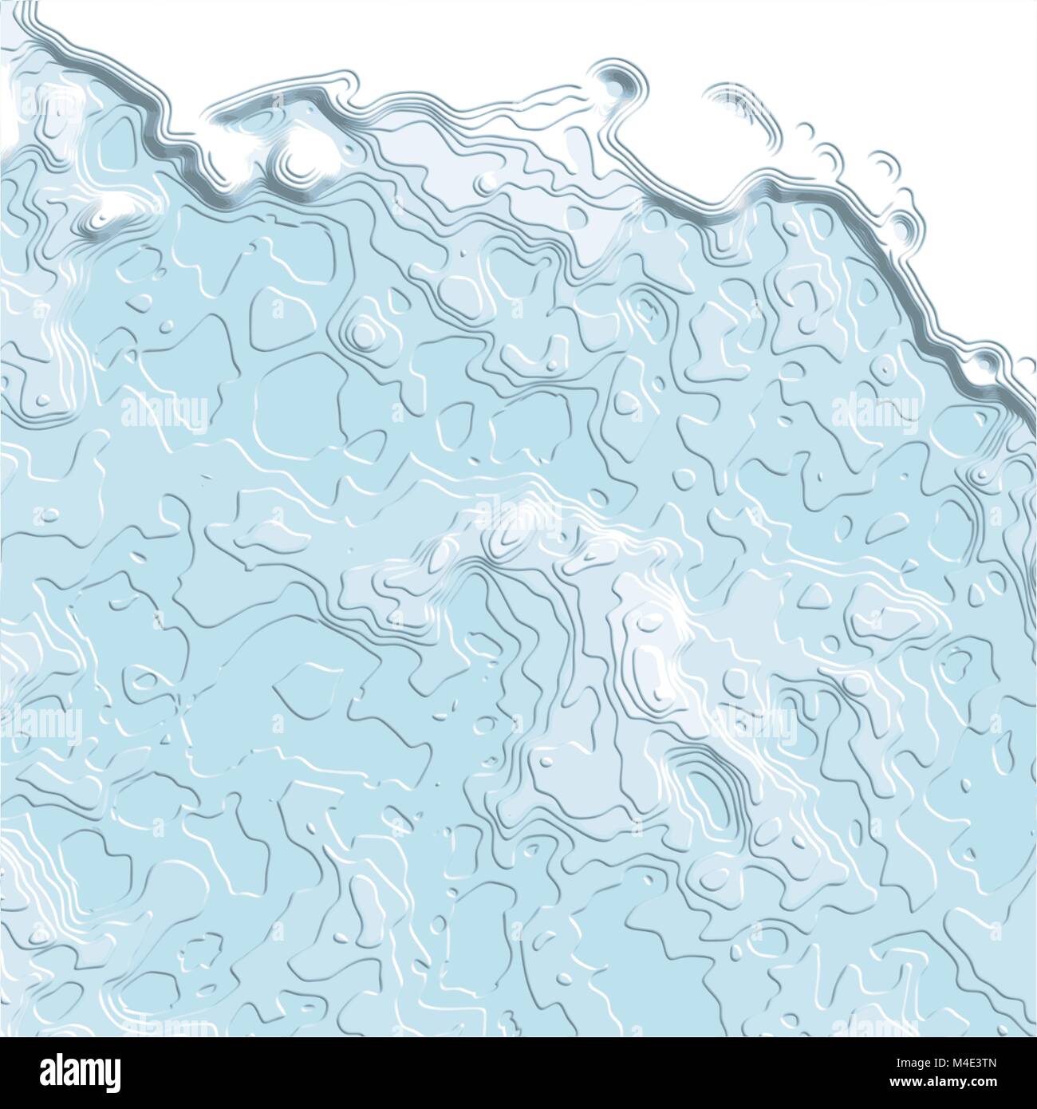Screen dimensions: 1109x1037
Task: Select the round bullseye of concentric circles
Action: point(363,328)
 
